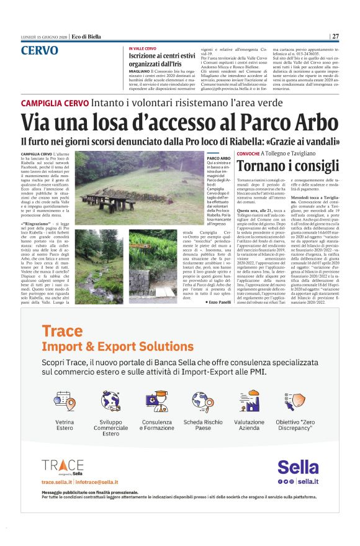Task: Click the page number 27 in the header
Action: coord(336,36)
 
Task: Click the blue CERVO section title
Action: coord(40,51)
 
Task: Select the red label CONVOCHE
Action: coord(248,153)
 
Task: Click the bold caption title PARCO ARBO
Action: coord(218,159)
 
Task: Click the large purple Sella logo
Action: coord(298,467)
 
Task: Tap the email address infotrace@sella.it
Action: coord(97,482)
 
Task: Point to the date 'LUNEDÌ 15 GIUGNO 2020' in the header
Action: coord(42,37)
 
